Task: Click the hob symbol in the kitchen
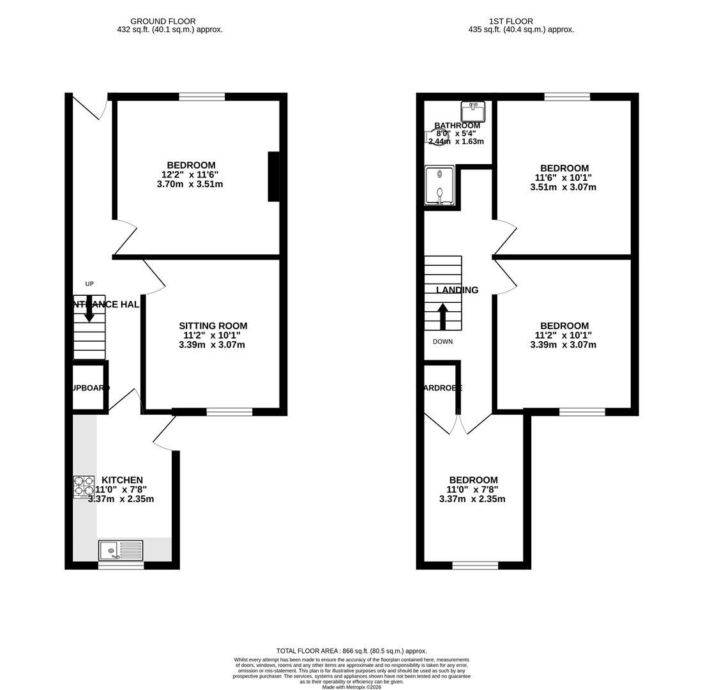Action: tap(84, 486)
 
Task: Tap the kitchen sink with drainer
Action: tap(121, 550)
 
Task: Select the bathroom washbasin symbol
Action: tap(472, 112)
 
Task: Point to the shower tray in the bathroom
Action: tap(439, 185)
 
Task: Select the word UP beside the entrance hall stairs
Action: tap(89, 284)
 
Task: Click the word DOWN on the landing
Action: tap(442, 342)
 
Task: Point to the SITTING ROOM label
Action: tap(213, 326)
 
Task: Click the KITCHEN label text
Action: tap(122, 480)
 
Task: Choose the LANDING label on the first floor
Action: tap(457, 290)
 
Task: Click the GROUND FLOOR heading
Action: tap(163, 21)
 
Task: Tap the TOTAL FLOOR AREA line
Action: tap(351, 651)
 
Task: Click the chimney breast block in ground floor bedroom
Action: tap(273, 176)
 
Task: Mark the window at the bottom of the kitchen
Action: tap(121, 565)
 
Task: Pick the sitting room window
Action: tap(229, 412)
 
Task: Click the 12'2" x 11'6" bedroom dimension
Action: tap(190, 174)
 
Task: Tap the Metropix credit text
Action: tap(351, 687)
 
